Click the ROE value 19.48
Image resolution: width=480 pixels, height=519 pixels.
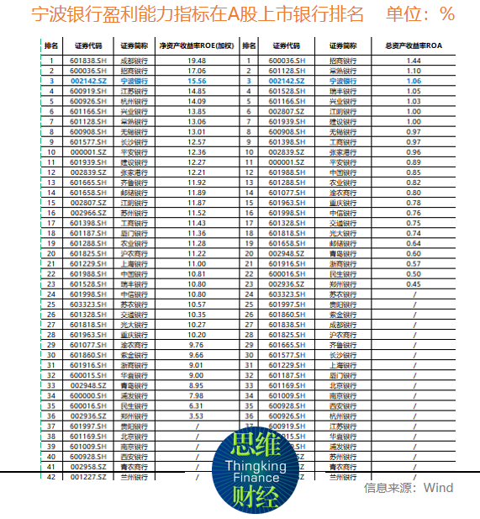(197, 61)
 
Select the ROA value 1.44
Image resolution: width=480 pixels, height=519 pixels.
(413, 61)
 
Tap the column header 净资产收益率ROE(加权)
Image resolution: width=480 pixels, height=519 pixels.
(197, 47)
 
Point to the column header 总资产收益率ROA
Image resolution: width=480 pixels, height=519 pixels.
(413, 47)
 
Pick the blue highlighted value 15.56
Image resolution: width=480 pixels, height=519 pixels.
(197, 81)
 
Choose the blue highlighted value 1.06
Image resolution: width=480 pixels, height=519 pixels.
(413, 81)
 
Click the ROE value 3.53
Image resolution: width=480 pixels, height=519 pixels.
(197, 415)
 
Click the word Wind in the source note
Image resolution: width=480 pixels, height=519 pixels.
(438, 487)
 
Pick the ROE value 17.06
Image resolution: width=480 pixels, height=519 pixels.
(197, 71)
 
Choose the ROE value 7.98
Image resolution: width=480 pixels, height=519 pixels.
(197, 395)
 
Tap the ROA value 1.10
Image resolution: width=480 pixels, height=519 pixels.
(413, 71)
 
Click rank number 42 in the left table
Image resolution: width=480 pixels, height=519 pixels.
(51, 476)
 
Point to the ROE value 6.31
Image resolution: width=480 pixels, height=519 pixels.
(197, 405)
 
